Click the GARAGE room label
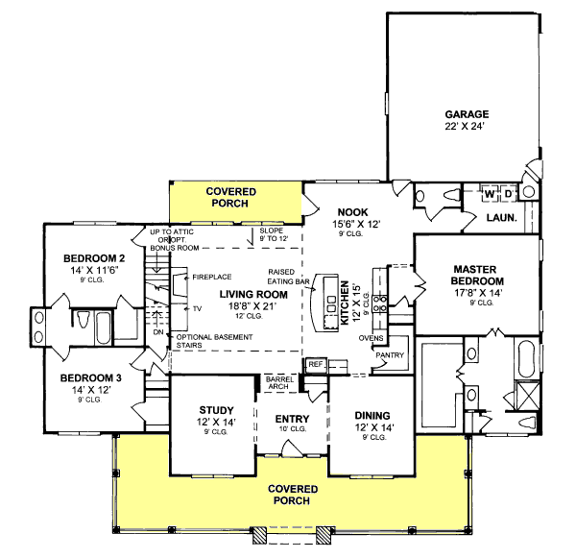coord(467,114)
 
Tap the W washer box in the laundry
coord(490,194)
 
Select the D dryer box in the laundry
coord(509,194)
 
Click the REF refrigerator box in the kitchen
coord(316,365)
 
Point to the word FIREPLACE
coord(212,278)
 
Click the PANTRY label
coord(390,355)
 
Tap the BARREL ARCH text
coord(279,382)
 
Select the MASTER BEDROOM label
coord(477,275)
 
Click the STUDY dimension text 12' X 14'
coord(216,422)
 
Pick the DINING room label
coord(372,415)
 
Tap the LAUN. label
coord(502,218)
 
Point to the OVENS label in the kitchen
coord(371,338)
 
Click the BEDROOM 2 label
coord(94,258)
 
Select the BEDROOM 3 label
coord(91,377)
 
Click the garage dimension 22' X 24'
coord(466,126)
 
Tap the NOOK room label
coord(352,212)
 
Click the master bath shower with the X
coord(527,396)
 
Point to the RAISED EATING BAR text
coord(288,277)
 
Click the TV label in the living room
coord(197,309)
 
